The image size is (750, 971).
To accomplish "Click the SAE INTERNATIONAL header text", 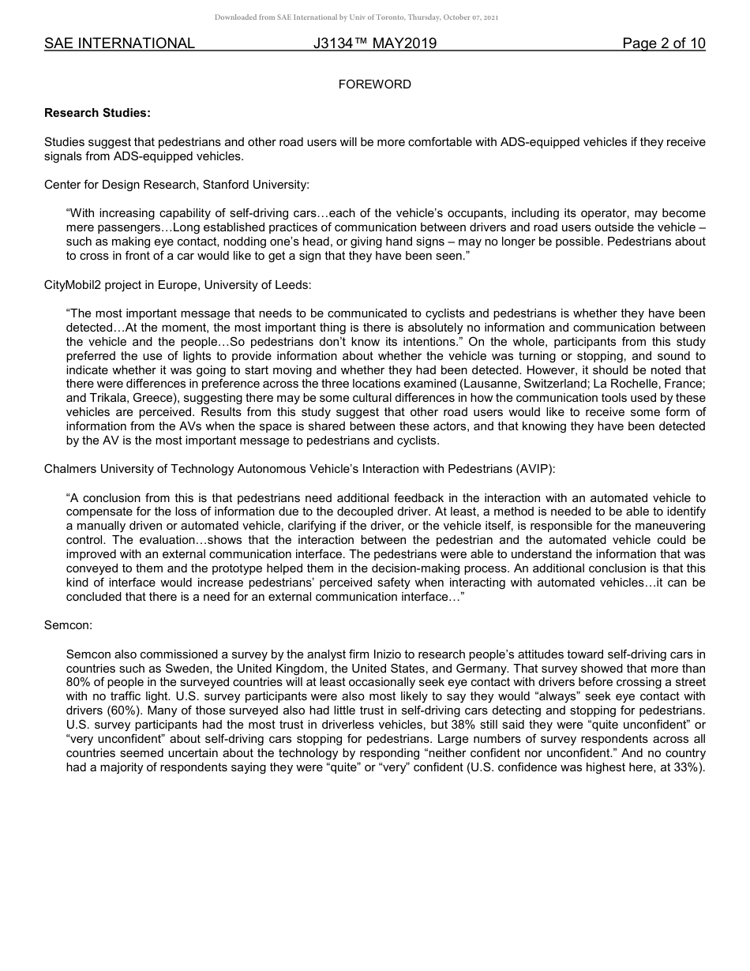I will click(x=119, y=43).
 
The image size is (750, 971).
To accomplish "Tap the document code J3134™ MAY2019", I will click(x=374, y=43).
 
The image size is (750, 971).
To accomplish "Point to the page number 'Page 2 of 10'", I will click(x=663, y=43).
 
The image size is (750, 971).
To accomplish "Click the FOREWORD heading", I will click(x=374, y=84).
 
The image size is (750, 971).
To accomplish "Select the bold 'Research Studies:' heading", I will click(x=97, y=113).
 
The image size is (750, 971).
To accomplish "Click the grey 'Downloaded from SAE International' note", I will click(x=356, y=17).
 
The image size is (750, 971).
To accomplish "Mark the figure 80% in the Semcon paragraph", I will click(x=79, y=683).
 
